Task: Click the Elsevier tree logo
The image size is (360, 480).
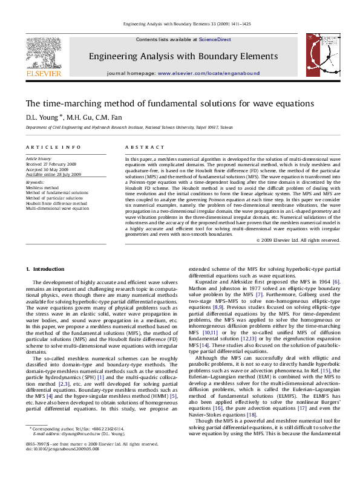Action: click(43, 53)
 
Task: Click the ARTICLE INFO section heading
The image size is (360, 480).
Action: click(53, 148)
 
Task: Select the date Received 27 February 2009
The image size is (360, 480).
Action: click(51, 164)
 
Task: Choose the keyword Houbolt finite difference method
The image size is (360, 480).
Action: click(56, 204)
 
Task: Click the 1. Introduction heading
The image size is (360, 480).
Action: click(44, 268)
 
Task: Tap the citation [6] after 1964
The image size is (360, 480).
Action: click(336, 282)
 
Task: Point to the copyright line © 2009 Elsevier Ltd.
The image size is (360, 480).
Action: click(298, 240)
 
